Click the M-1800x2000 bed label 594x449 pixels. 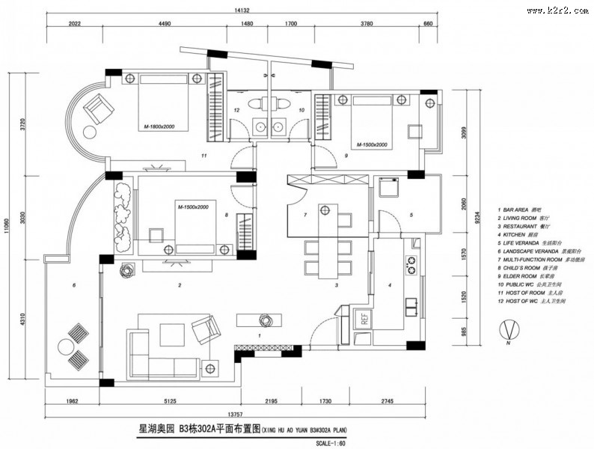(159, 127)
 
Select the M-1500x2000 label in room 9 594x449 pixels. (372, 144)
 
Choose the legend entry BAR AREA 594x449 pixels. (517, 210)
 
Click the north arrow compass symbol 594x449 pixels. (508, 330)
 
